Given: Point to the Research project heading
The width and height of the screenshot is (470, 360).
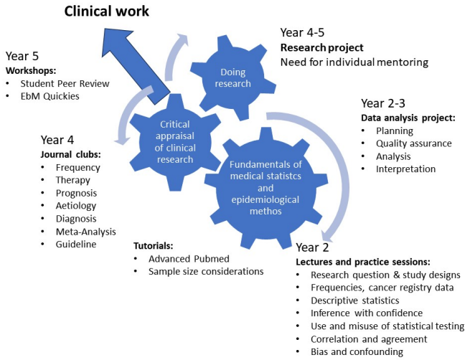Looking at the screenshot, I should point(322,48).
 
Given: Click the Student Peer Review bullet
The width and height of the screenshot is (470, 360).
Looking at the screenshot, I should point(65,84).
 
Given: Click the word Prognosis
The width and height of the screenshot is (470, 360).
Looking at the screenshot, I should point(56,192).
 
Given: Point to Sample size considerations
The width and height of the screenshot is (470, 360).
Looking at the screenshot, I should point(206,271).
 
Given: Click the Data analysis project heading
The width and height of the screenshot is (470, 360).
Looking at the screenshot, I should point(407,118).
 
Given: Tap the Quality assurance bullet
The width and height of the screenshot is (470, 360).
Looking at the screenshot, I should point(413,143).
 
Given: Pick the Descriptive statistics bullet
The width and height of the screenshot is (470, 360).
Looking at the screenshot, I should point(359,300).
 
